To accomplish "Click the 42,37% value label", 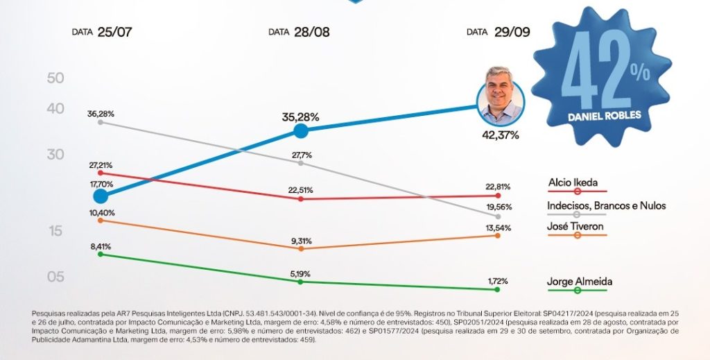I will (500, 135).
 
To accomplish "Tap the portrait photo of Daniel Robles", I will (501, 96).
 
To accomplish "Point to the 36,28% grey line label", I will (101, 113).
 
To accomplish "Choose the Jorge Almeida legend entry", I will (580, 282).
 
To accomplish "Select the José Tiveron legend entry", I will (575, 227).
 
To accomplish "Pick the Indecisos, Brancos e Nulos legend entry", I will (606, 206).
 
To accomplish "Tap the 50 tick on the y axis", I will (55, 78).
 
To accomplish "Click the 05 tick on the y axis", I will (55, 277).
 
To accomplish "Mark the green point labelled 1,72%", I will (498, 289).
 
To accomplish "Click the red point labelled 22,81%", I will (498, 196).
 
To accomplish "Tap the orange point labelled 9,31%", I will (300, 248).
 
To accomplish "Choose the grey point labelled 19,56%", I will (498, 216).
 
